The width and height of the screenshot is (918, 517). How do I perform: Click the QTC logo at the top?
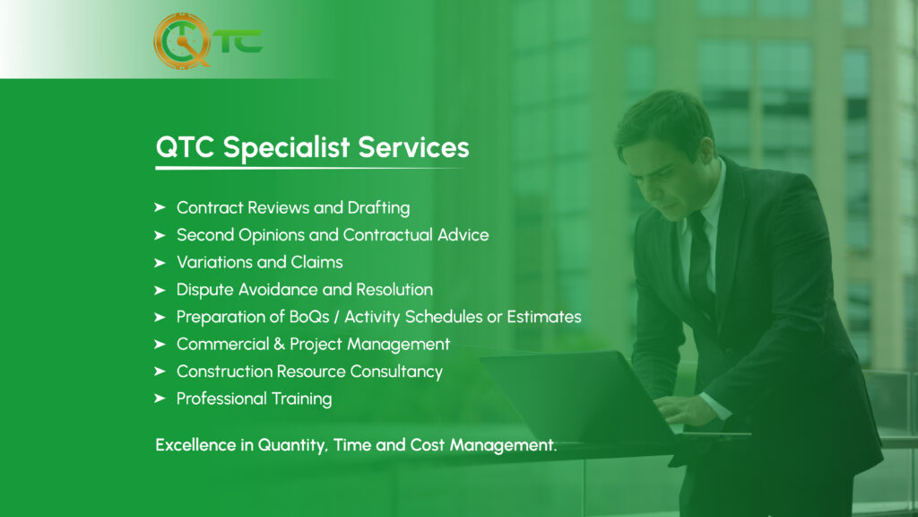pos(208,41)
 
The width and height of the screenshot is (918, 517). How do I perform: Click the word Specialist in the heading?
pos(286,148)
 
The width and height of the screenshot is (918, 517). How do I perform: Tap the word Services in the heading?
pos(413,147)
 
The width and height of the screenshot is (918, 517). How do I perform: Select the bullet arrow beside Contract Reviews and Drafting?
pos(160,207)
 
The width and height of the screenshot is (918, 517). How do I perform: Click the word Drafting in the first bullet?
pos(378,208)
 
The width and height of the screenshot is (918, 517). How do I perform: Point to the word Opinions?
pos(271,236)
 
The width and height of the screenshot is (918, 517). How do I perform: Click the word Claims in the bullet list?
pos(316,262)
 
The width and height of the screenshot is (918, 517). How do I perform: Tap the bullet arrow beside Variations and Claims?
pos(160,263)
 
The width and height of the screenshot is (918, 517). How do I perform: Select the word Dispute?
pos(204,290)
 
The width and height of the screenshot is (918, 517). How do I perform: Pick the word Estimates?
pos(544,317)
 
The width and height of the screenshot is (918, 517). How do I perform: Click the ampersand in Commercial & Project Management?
pos(280,344)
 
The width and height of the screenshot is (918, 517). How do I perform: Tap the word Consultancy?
pos(396,372)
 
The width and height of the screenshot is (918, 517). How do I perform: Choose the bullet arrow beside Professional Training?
pos(160,399)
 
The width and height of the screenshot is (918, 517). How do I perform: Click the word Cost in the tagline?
pos(428,445)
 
